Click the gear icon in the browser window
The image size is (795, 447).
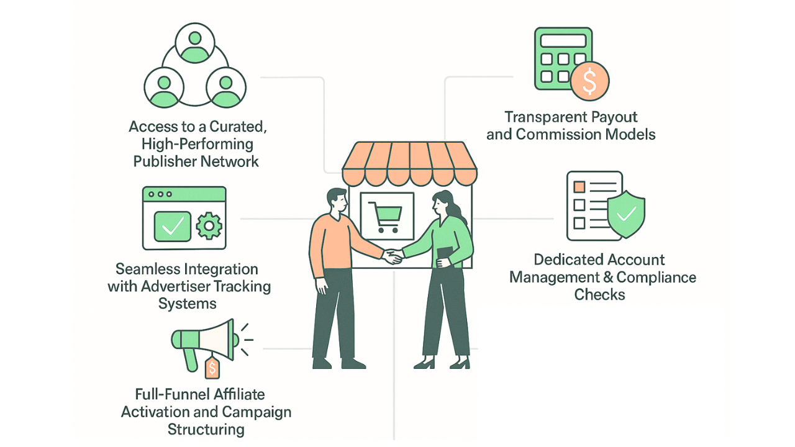coord(208,226)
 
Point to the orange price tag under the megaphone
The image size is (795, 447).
coord(212,368)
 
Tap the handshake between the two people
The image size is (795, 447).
coord(392,256)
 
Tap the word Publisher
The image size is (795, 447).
coord(165,161)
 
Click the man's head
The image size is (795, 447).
coord(335,200)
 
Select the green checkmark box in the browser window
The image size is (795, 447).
coord(172,227)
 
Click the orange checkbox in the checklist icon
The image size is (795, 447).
coord(579,186)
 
